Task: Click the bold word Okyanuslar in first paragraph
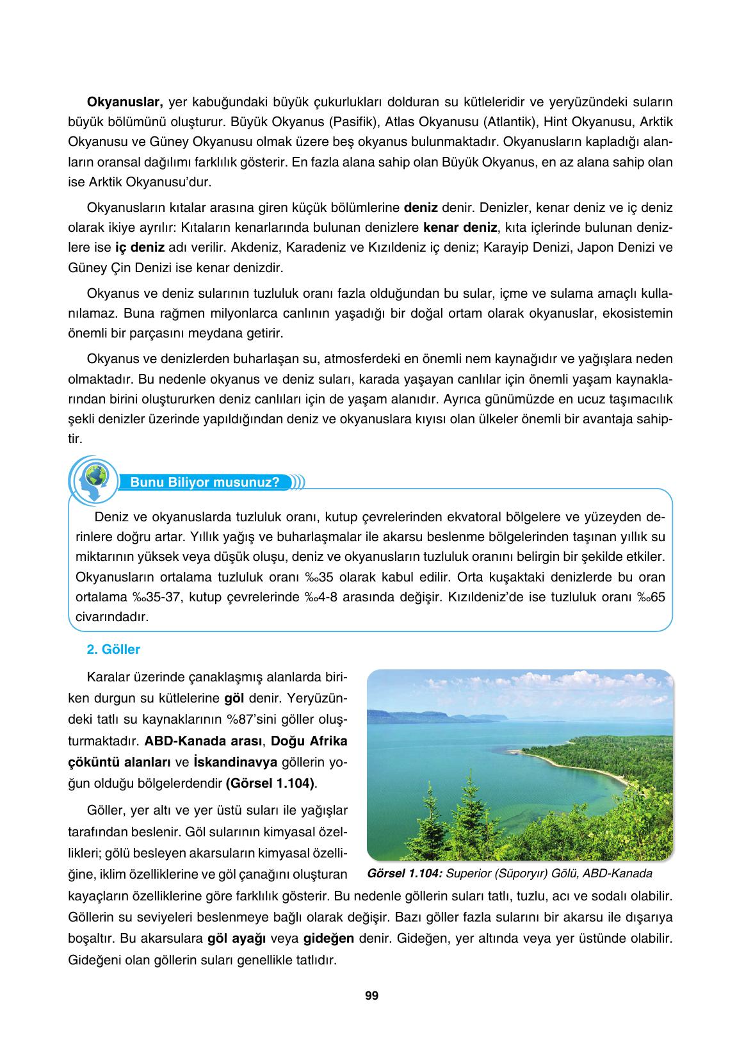pos(126,102)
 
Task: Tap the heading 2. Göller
pos(113,649)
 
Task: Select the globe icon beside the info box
pos(95,478)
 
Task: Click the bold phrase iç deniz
pos(140,247)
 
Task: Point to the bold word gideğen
pos(328,939)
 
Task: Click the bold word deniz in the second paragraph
pos(421,207)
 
